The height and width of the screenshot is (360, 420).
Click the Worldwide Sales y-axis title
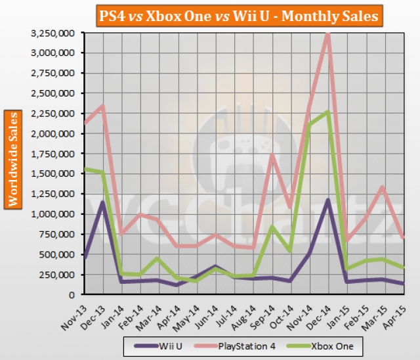(12, 159)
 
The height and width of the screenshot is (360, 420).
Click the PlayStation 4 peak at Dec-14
(327, 33)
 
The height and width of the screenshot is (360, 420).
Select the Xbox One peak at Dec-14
(327, 112)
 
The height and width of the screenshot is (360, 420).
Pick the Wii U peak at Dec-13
(103, 202)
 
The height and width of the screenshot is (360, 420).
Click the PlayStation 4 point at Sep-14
(271, 154)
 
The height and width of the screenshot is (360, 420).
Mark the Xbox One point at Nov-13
(85, 169)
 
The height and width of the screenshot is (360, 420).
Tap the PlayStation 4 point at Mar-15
(383, 187)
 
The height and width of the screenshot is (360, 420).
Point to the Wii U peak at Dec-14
(327, 200)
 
